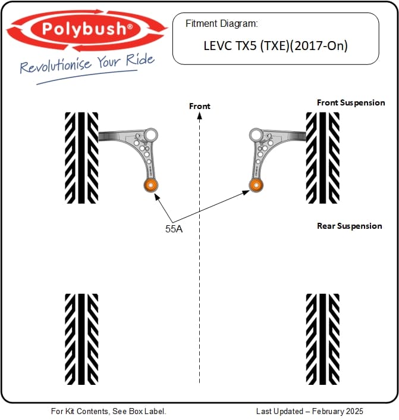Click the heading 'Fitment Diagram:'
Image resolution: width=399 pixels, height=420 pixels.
click(221, 24)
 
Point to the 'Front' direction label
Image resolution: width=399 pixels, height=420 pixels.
click(200, 106)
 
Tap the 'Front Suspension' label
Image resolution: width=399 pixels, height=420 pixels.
click(351, 102)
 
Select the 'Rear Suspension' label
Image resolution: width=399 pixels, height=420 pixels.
click(350, 226)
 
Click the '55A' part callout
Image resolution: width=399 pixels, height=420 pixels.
click(174, 229)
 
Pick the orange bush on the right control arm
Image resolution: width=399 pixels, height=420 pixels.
click(256, 185)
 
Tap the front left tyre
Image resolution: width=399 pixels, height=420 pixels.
click(81, 157)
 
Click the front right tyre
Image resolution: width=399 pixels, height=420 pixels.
click(322, 157)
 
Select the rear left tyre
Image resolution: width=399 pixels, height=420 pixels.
click(81, 338)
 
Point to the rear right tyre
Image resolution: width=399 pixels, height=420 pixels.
click(322, 338)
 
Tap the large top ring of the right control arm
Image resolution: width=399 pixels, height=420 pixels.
click(256, 134)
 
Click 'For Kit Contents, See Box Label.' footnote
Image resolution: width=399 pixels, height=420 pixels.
click(108, 411)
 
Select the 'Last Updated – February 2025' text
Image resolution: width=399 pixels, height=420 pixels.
click(309, 411)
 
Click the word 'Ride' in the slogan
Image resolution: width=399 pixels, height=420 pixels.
click(140, 60)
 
